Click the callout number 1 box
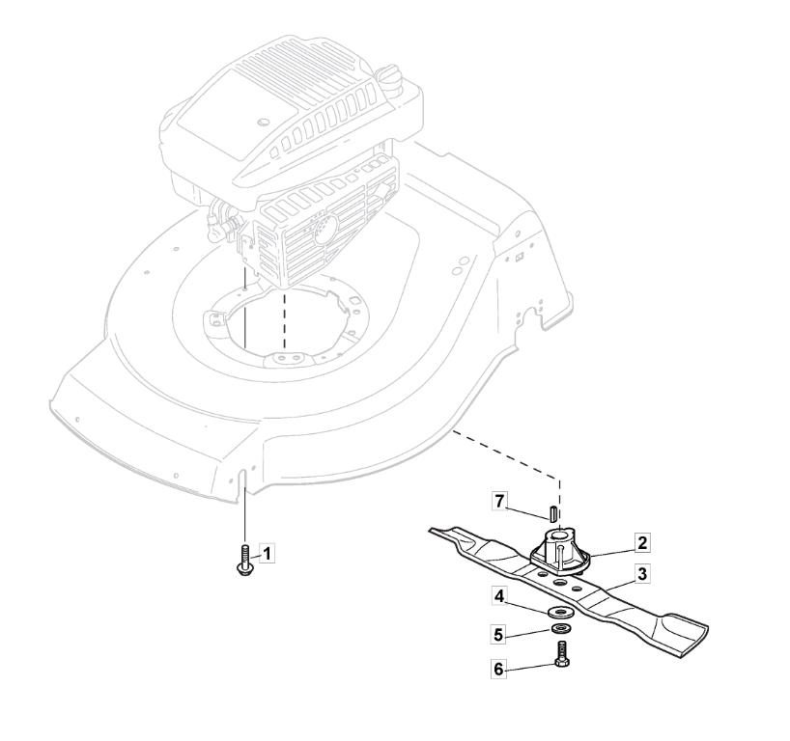click(267, 554)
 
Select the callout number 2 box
click(641, 543)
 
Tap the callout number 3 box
click(642, 574)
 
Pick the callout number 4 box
click(498, 596)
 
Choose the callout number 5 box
click(498, 635)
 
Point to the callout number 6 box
click(498, 669)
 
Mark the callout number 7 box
click(499, 502)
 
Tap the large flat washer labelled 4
click(558, 612)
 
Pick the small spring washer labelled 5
click(559, 628)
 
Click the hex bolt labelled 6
click(562, 654)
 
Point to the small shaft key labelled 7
click(551, 512)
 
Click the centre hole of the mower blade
click(559, 582)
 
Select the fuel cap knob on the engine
click(389, 76)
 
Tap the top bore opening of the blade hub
click(559, 533)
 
